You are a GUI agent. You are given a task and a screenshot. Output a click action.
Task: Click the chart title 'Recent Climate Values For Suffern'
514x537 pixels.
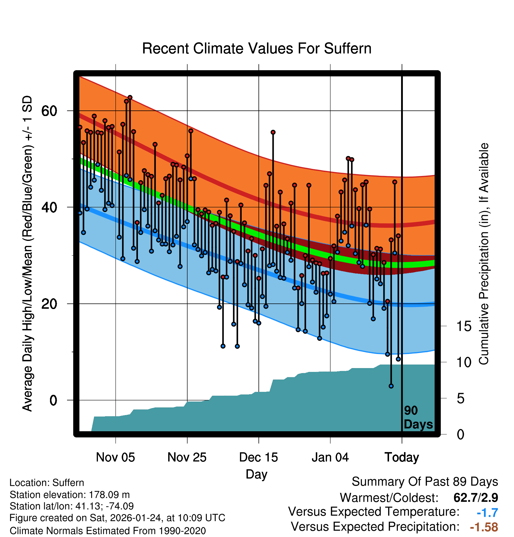(257, 48)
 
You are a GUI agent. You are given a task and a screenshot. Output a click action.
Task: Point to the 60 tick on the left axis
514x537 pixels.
(49, 111)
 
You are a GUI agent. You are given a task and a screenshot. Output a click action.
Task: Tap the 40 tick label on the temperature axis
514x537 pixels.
(49, 207)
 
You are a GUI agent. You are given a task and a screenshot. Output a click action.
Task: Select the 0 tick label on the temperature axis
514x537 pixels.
(53, 400)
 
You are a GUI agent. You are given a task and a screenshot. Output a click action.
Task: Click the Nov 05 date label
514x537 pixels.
(115, 457)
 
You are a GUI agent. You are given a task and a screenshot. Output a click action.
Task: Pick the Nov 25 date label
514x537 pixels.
(187, 457)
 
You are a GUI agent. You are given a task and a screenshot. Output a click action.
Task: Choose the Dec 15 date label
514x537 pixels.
(258, 457)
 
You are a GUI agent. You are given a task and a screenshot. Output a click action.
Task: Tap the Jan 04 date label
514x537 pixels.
(330, 457)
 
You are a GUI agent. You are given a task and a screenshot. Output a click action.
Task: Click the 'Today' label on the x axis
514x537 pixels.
(402, 457)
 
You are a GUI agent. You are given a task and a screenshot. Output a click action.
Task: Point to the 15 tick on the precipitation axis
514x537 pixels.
(464, 326)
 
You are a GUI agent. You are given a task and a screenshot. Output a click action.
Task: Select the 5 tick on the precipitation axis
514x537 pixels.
(460, 399)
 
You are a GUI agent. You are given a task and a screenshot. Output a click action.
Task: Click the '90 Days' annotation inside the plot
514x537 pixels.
(418, 417)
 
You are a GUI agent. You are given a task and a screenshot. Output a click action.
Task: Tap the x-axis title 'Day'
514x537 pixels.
(256, 474)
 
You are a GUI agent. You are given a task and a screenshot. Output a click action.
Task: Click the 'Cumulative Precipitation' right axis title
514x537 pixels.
(484, 254)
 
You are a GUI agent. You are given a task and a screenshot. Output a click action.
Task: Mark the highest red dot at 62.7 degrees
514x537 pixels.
(130, 98)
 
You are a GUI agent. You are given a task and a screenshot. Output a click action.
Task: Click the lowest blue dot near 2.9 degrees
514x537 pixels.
(391, 386)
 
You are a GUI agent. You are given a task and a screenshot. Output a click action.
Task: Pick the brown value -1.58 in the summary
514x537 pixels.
(484, 527)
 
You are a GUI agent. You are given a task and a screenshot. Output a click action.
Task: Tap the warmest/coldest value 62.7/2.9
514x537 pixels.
(476, 498)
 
